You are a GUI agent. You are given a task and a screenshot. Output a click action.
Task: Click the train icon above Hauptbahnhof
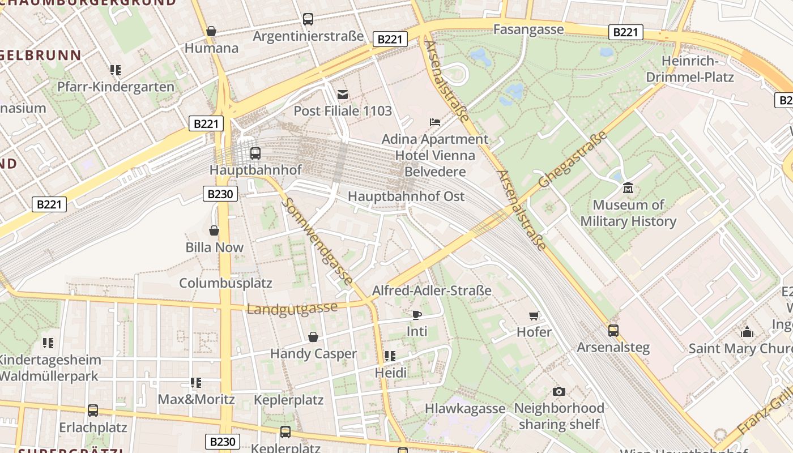pyautogui.click(x=255, y=153)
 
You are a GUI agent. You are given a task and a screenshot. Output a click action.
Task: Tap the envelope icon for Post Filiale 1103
pyautogui.click(x=343, y=94)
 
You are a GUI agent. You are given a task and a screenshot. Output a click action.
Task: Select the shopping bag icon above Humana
pyautogui.click(x=211, y=31)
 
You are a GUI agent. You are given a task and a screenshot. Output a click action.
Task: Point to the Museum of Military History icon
pyautogui.click(x=628, y=187)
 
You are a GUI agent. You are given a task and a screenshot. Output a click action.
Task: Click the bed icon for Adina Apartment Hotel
pyautogui.click(x=434, y=122)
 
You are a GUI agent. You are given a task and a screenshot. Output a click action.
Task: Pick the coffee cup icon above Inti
pyautogui.click(x=417, y=314)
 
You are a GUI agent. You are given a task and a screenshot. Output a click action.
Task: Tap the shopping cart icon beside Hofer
pyautogui.click(x=534, y=315)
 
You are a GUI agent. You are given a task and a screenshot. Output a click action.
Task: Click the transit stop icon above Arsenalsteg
pyautogui.click(x=613, y=330)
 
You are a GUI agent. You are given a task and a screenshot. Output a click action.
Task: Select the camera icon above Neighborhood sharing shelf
pyautogui.click(x=559, y=391)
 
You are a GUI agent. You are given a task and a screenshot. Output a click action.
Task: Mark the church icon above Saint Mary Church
pyautogui.click(x=747, y=331)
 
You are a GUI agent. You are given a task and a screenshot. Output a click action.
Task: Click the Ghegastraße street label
pyautogui.click(x=573, y=159)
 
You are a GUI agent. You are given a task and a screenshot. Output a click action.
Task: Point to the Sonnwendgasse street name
pyautogui.click(x=318, y=242)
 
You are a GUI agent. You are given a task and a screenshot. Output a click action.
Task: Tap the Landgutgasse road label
pyautogui.click(x=292, y=308)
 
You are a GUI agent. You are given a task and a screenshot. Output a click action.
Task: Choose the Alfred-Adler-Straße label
pyautogui.click(x=432, y=290)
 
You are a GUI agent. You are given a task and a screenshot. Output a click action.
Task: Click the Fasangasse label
pyautogui.click(x=528, y=29)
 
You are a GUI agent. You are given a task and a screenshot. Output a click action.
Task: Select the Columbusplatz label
pyautogui.click(x=225, y=283)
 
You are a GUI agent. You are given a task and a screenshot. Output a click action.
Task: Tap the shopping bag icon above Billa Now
pyautogui.click(x=214, y=230)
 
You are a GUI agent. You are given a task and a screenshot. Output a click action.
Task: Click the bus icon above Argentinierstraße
pyautogui.click(x=308, y=19)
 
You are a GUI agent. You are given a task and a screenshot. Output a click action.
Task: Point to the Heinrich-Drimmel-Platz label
pyautogui.click(x=690, y=69)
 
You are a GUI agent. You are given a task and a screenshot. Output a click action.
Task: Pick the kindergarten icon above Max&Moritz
pyautogui.click(x=196, y=383)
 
